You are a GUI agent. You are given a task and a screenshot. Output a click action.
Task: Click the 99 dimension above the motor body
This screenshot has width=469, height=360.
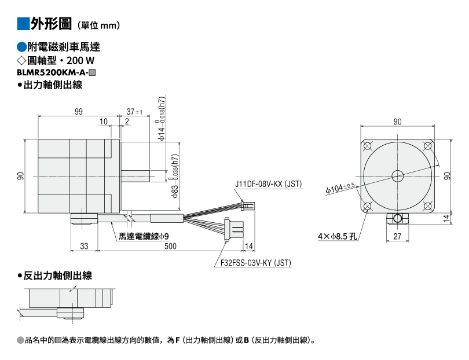[x=78, y=112]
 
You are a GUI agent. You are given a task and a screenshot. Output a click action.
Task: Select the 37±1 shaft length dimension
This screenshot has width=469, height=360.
[x=134, y=112]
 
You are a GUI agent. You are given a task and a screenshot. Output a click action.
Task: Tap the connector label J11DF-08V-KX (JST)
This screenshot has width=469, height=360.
[x=268, y=184]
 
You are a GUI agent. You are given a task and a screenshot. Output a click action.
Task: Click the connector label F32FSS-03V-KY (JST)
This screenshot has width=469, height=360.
[x=256, y=263]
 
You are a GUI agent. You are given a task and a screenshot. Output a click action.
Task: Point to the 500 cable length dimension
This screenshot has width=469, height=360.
[x=170, y=246]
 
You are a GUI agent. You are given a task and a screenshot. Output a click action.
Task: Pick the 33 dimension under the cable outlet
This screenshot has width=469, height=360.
[x=84, y=246]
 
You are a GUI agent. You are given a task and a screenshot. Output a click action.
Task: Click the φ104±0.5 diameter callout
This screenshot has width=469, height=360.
[x=340, y=188]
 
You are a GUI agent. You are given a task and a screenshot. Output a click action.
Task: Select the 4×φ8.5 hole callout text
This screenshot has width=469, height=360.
[x=338, y=236]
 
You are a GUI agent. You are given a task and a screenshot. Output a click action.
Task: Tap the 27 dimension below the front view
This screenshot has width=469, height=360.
[x=397, y=236]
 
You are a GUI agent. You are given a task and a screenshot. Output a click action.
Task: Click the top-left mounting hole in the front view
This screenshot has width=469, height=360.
[x=367, y=146]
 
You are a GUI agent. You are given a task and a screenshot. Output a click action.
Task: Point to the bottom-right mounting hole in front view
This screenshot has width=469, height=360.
[x=428, y=206]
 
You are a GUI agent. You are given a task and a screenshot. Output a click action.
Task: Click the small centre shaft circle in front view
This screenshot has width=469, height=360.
[x=398, y=176]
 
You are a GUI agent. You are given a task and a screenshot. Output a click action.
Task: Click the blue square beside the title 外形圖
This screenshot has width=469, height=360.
[x=23, y=24]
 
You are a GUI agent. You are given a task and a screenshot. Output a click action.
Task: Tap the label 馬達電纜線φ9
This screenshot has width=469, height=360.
[x=144, y=237]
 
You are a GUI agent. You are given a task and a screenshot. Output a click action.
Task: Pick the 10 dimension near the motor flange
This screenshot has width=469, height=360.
[x=104, y=122]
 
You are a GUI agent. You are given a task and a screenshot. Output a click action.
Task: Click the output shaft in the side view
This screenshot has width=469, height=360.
[x=135, y=176]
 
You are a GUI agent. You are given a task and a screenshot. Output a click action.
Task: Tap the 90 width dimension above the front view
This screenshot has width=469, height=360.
[x=397, y=122]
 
